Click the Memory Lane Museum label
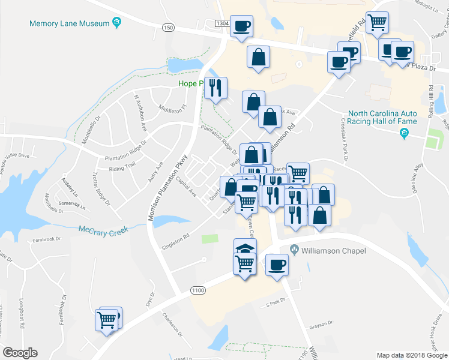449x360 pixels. point(70,23)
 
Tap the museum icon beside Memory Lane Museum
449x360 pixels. point(117,23)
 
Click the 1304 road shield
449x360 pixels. point(222,23)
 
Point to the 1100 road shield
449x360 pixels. point(197,290)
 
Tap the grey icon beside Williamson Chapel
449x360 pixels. point(295,249)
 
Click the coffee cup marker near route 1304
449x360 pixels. point(241,26)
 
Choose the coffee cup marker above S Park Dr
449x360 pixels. point(277,264)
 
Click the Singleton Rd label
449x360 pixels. point(175,242)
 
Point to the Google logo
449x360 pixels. point(20,352)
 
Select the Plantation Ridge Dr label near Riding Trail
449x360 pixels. point(125,153)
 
